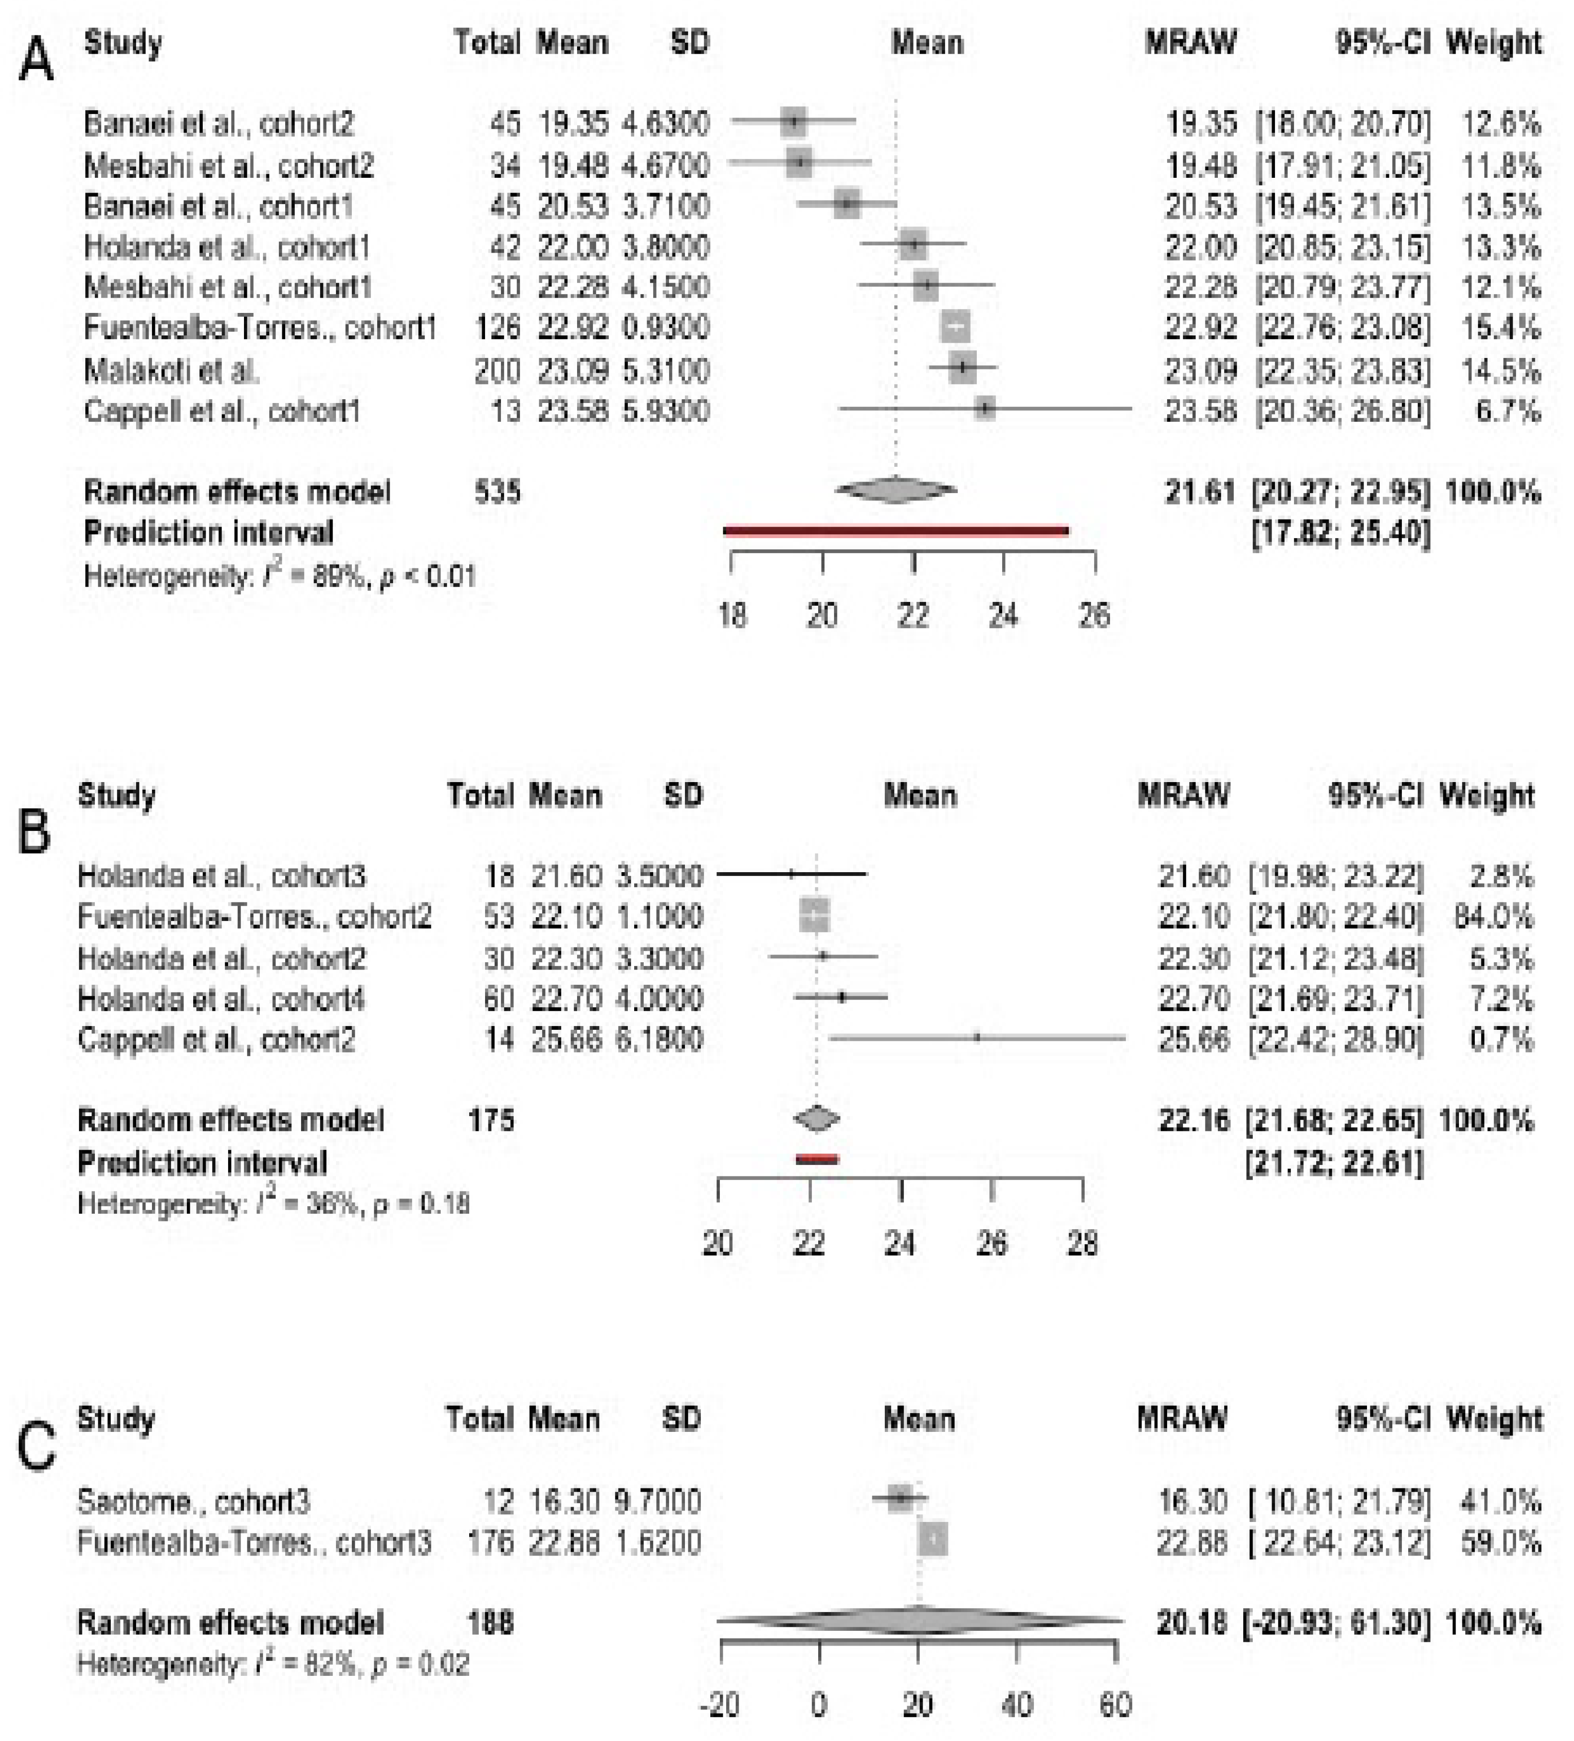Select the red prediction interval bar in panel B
pos(816,1159)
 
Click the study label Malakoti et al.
pos(171,370)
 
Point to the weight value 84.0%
pos(1493,916)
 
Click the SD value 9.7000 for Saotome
pos(657,1501)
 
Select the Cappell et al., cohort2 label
pos(216,1039)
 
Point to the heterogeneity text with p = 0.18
pos(273,1203)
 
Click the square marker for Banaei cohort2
pos(793,123)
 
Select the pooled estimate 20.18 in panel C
pos(1192,1623)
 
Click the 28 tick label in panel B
pos(1082,1244)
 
